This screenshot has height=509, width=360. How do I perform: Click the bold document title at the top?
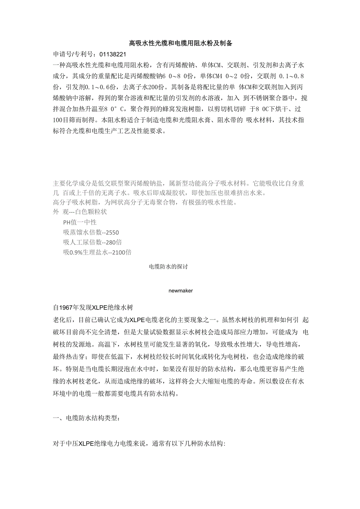point(180,43)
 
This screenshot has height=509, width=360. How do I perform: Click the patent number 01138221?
point(113,54)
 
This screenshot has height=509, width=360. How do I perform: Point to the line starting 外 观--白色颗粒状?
point(80,212)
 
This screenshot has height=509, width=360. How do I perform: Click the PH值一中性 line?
point(80,222)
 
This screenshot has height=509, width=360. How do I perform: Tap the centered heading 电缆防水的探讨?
point(169,267)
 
